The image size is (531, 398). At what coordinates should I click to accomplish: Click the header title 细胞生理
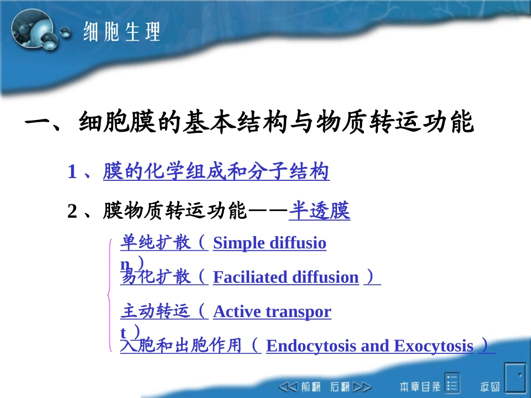point(122,32)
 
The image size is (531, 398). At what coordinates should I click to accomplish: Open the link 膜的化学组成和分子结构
point(216,172)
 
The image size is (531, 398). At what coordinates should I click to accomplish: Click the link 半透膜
point(319,212)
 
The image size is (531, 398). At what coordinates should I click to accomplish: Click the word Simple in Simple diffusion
point(239,243)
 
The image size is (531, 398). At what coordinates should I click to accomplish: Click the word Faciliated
point(249,277)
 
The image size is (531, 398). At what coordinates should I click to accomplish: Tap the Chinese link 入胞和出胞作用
point(182,346)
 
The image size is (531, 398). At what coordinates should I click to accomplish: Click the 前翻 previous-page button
point(302,386)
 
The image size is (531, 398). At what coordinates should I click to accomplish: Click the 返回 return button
point(490,386)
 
